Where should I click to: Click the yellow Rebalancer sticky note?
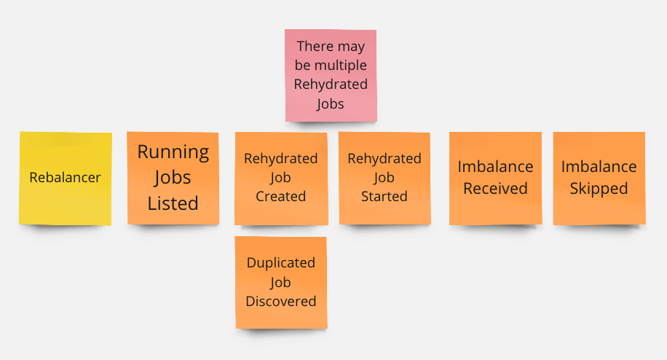pos(66,179)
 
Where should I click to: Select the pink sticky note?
pos(331,75)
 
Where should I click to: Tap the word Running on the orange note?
pos(173,152)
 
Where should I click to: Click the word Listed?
pos(173,203)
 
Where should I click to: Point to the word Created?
pos(281,196)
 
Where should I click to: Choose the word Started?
pos(384,196)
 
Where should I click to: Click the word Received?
pos(496,188)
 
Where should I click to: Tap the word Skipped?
pos(599,189)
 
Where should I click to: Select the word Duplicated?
pos(281,262)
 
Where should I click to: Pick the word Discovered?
pos(281,301)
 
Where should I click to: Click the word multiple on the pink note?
pos(340,65)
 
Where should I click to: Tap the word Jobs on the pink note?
pos(331,103)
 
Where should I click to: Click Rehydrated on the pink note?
pos(331,85)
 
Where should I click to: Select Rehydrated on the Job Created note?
pos(281,159)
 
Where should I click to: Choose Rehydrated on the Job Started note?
pos(384,159)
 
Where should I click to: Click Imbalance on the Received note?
pos(496,166)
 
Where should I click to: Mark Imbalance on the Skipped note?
pos(599,166)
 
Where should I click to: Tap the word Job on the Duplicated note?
pos(280,283)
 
